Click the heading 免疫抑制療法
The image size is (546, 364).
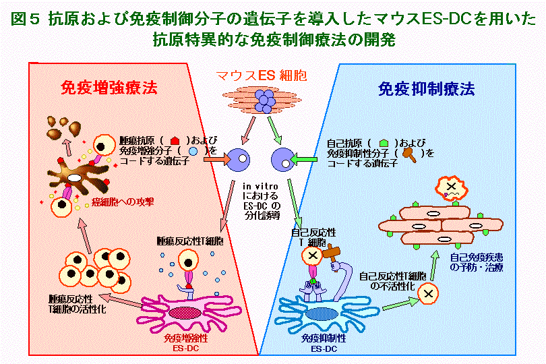(426, 88)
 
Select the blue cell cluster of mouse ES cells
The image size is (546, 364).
(267, 102)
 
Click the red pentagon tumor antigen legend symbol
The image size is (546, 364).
(176, 143)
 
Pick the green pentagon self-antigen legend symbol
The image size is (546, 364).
(384, 143)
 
